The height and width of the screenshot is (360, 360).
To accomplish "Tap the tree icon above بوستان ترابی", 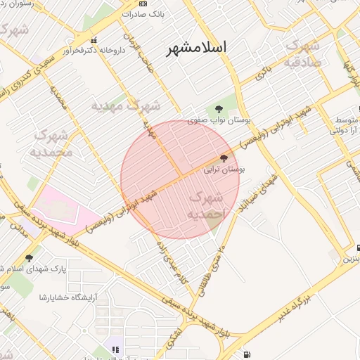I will [224, 158].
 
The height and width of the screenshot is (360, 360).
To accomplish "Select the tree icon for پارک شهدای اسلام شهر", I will [29, 258].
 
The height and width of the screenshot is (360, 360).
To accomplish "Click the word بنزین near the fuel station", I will [350, 259].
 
